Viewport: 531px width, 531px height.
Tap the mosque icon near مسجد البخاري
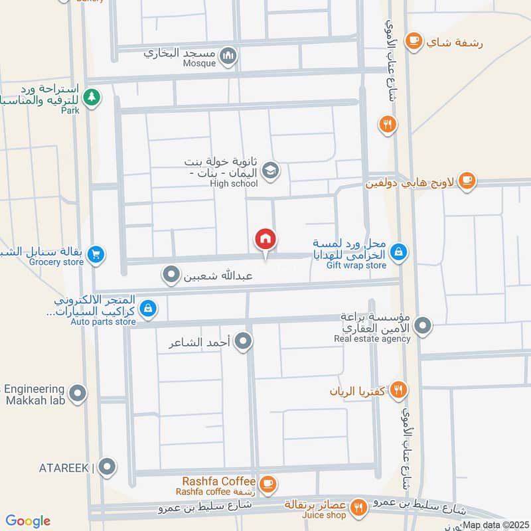click(x=228, y=56)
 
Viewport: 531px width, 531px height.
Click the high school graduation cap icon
click(x=270, y=171)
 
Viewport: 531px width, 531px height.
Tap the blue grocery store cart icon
click(x=96, y=254)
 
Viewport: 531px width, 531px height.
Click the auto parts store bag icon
click(x=149, y=308)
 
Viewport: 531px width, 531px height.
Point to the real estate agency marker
click(x=422, y=326)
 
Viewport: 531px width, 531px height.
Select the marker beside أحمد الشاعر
click(x=244, y=342)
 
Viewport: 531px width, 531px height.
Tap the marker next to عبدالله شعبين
click(x=172, y=273)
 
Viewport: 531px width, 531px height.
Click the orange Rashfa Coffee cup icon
click(x=267, y=484)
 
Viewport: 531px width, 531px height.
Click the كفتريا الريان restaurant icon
click(x=398, y=390)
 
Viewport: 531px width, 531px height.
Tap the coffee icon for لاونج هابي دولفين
click(x=467, y=180)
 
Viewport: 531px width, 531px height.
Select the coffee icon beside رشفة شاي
click(x=414, y=41)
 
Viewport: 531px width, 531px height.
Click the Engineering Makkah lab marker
click(x=78, y=395)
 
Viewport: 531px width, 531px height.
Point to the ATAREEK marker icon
click(x=107, y=467)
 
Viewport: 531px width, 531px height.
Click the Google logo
click(x=29, y=521)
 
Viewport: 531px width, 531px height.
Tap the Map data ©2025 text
click(x=494, y=525)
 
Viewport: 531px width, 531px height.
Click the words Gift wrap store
click(x=356, y=265)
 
